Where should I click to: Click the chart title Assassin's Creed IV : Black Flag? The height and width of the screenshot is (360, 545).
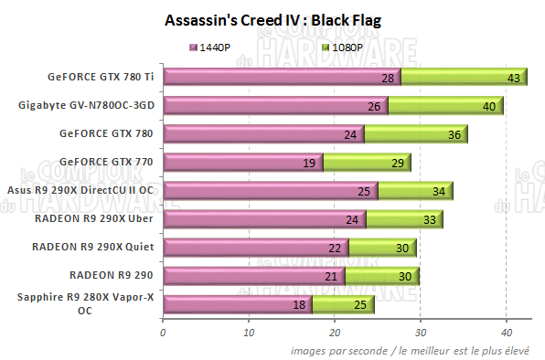point(272,19)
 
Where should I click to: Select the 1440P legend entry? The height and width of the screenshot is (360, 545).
point(219,46)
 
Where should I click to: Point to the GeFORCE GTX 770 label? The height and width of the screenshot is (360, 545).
point(105,161)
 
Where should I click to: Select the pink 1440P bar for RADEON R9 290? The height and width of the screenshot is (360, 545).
point(253,275)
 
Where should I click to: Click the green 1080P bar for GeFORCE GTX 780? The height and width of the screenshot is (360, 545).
point(416,135)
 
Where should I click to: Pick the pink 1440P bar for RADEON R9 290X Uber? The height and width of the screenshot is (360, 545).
point(264,218)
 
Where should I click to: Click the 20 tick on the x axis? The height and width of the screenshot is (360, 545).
point(335,333)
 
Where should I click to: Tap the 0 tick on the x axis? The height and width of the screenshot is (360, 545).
point(163,333)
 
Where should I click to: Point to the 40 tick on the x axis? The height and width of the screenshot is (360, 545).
point(507,333)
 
